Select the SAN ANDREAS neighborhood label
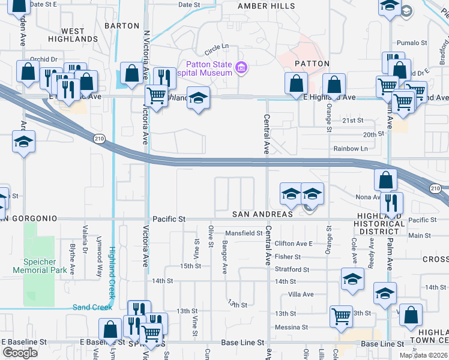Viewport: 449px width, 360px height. (x=263, y=214)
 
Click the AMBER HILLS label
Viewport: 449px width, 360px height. (x=267, y=5)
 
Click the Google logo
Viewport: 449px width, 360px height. (x=20, y=352)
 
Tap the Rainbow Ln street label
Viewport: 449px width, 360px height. (x=351, y=148)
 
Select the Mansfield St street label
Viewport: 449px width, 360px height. (x=244, y=233)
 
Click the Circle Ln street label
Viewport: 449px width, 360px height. (x=217, y=46)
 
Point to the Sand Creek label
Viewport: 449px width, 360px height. (x=92, y=307)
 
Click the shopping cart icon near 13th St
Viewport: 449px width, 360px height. (x=341, y=315)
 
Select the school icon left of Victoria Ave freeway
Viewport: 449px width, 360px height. (x=23, y=143)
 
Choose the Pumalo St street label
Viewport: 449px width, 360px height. (x=412, y=43)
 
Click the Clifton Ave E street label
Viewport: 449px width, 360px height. (x=294, y=244)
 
